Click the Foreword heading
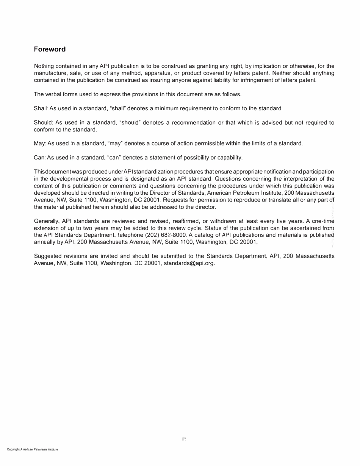click(x=50, y=49)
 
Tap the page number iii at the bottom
click(x=183, y=439)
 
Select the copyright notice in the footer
click(x=32, y=449)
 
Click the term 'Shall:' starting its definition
click(x=41, y=109)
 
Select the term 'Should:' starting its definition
click(x=44, y=123)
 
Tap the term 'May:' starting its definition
click(x=40, y=144)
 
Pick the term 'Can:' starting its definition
click(x=40, y=158)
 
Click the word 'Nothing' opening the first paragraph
click(x=44, y=66)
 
